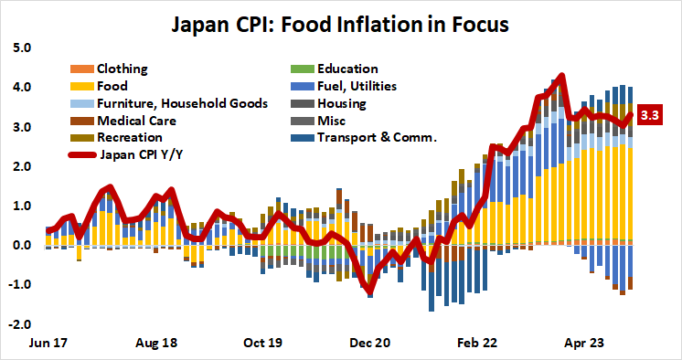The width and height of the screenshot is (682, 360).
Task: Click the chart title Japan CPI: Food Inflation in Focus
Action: coord(341,22)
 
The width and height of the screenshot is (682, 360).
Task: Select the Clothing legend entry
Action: coord(122,69)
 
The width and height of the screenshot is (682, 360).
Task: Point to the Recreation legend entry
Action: coord(129,137)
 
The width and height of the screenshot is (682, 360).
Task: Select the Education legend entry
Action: coord(346,69)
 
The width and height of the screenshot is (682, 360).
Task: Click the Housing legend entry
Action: coord(342,103)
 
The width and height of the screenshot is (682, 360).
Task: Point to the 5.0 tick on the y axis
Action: coord(21,48)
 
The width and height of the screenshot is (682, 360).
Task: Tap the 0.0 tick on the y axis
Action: coord(21,245)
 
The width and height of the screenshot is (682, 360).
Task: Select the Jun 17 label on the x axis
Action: coord(48,344)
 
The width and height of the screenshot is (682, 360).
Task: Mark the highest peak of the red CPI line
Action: coord(561,76)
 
